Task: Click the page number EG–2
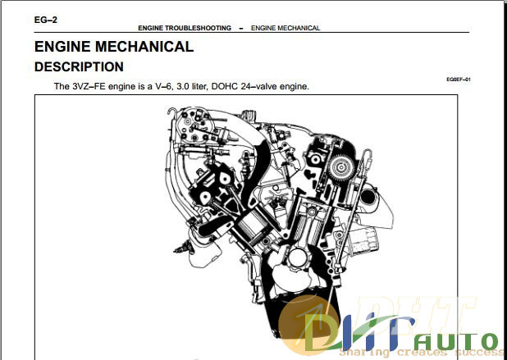(46, 20)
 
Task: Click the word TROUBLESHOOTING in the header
(198, 28)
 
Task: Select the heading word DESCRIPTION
(79, 67)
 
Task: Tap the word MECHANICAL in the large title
(144, 47)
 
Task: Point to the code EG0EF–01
(459, 80)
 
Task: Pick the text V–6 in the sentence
(163, 86)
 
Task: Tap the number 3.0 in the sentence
(182, 86)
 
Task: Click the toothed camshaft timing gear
(340, 168)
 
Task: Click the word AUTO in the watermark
(457, 342)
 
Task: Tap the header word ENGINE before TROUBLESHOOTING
(150, 28)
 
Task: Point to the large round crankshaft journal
(298, 257)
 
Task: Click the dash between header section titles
(241, 29)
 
